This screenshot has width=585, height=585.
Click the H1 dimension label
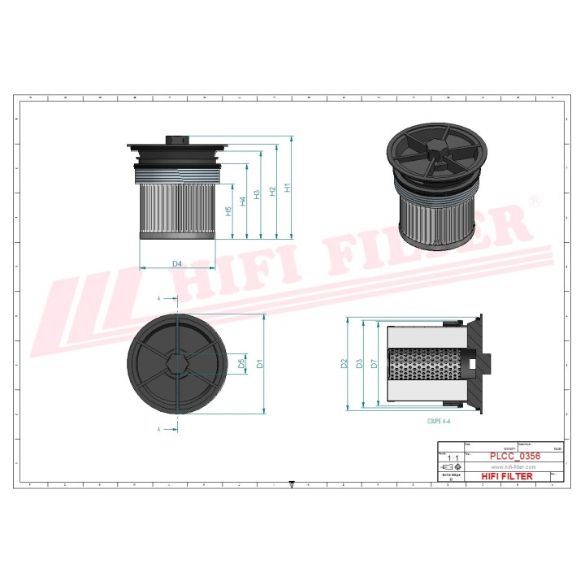coord(287,187)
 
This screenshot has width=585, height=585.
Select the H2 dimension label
coord(273,190)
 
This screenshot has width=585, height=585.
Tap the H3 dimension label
coord(258,194)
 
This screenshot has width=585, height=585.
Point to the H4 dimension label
coord(243,201)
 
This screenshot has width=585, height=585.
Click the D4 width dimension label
coord(176,262)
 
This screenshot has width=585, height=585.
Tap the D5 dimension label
coord(241,363)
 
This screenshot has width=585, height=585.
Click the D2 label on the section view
coord(344,363)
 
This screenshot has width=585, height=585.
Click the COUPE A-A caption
coord(438,422)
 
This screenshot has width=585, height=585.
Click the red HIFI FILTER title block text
coord(508,476)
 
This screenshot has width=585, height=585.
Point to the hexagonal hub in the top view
coord(175,362)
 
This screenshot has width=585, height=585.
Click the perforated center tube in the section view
coord(422,363)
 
